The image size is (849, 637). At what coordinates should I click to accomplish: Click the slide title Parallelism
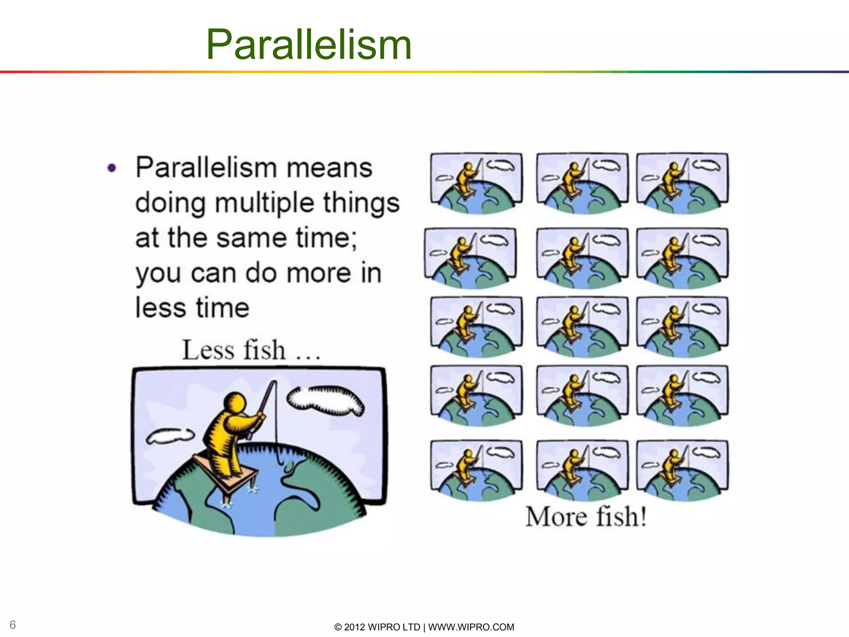pos(308,45)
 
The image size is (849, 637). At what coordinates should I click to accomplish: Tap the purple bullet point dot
pos(112,168)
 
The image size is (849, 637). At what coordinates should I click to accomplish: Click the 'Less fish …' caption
pos(251,350)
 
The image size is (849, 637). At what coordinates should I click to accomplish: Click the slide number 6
pos(12,625)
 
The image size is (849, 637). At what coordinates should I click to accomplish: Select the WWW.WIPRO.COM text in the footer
pos(471,627)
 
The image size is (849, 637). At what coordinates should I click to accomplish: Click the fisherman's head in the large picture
pos(235,402)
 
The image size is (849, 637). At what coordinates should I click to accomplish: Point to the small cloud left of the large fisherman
pos(170,435)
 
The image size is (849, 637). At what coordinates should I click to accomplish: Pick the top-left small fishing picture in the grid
pos(476,182)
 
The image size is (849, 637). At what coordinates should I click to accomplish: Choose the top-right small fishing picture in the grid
pos(682,182)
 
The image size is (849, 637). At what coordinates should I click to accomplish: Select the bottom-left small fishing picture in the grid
pos(476,470)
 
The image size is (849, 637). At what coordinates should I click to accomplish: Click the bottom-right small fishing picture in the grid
pos(682,470)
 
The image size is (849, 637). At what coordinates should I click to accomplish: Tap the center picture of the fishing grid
pos(582,326)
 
